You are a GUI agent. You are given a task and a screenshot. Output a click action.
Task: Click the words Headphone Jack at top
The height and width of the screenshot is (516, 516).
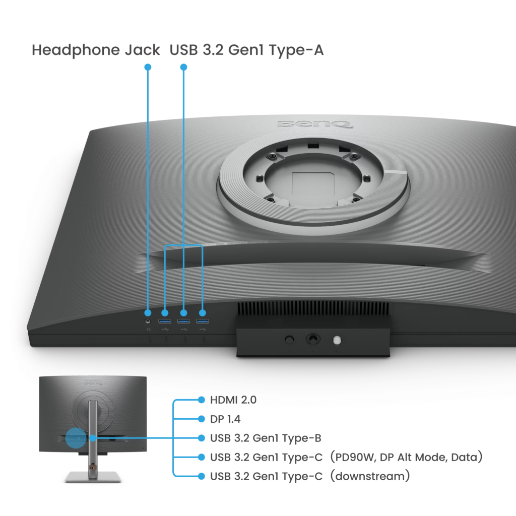coord(96,50)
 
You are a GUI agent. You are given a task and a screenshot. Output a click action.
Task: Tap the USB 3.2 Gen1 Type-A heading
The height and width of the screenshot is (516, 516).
coord(246,50)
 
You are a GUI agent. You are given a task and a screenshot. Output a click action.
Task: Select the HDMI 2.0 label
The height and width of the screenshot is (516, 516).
coord(233,400)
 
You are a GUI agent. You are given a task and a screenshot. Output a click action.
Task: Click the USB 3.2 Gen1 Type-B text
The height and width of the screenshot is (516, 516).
coord(266,438)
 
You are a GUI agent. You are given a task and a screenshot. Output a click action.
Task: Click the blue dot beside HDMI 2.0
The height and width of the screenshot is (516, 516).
coord(201,400)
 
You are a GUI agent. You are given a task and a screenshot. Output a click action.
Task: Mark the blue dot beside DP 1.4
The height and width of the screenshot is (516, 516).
coord(201,419)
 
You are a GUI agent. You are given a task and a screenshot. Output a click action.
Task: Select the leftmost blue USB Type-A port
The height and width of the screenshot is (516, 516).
coord(165,321)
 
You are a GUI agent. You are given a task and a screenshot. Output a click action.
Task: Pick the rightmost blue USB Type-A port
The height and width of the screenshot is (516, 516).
coord(202,321)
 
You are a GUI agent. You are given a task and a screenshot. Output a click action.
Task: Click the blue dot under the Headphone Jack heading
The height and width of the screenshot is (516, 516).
coord(148,67)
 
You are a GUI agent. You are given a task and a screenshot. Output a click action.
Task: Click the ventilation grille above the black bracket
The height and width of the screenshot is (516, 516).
coord(313,308)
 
